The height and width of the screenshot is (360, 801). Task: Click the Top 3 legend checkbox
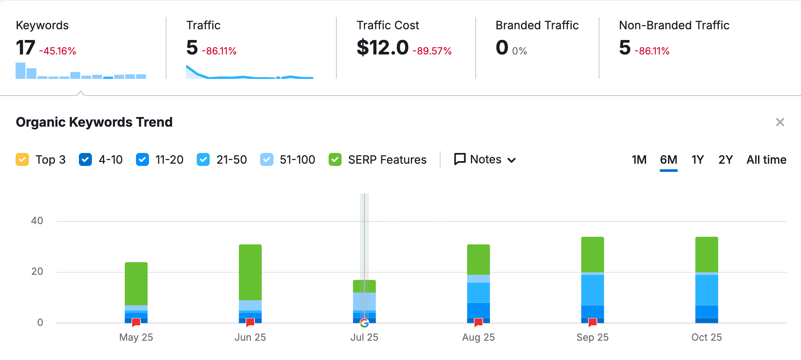[22, 160]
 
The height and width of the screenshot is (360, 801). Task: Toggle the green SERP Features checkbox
[335, 160]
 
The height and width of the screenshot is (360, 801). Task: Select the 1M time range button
[639, 160]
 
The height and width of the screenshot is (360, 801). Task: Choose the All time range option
[766, 160]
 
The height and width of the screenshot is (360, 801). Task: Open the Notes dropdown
[485, 160]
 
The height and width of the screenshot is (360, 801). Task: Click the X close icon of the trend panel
[780, 122]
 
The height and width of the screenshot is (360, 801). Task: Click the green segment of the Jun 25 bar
[250, 272]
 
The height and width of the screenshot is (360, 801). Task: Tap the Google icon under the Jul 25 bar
[364, 323]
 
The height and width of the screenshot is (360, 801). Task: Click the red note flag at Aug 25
[478, 322]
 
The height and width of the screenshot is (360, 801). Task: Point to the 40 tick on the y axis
[37, 221]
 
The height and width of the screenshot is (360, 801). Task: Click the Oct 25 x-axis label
[706, 337]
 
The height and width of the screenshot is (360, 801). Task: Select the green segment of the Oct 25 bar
[707, 255]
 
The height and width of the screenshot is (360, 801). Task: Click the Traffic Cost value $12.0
[382, 48]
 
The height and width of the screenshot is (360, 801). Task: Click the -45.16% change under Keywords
[57, 51]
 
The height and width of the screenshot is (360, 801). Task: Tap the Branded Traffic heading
[537, 25]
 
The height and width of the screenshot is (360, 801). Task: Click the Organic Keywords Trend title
[94, 122]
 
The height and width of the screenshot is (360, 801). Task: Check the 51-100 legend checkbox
[266, 160]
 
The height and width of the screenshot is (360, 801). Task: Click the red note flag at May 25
[136, 322]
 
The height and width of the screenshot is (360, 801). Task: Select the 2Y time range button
[725, 160]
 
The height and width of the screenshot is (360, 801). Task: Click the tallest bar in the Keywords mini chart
[20, 71]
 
